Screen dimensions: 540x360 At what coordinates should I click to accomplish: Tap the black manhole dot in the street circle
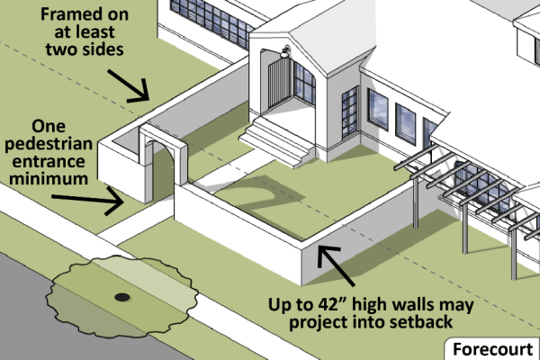point(121,296)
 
